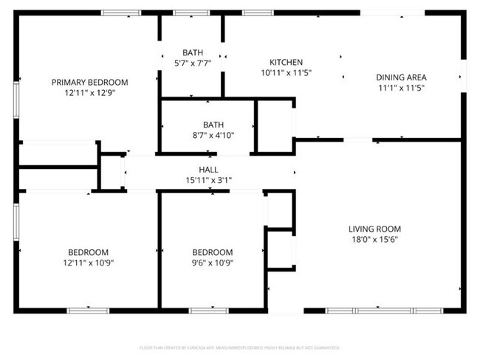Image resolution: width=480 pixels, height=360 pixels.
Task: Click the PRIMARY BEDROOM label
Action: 89,82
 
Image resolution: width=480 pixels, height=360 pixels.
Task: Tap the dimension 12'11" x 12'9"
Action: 89,93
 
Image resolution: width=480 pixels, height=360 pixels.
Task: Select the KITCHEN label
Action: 286,62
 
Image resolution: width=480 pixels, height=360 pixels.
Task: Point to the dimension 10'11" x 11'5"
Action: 286,73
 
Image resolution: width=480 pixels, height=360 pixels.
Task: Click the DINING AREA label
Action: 401,77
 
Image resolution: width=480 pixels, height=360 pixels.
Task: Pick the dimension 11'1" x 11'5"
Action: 401,88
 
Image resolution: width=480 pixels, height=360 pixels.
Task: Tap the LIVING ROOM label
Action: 374,229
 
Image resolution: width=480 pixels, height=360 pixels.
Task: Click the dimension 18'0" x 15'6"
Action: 374,239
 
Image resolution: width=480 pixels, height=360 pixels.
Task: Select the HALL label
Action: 213,169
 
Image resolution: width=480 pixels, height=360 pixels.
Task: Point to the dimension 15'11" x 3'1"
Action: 213,179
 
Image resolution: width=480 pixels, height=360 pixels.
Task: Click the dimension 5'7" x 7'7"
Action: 193,63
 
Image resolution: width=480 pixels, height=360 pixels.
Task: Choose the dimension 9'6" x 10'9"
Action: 212,262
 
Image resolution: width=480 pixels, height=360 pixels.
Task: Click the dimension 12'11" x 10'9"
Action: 89,262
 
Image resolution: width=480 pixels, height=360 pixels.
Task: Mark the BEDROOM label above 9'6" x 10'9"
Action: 212,252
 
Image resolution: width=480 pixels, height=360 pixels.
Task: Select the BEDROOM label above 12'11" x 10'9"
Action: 89,252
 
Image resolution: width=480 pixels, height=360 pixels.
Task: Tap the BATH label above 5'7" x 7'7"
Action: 193,52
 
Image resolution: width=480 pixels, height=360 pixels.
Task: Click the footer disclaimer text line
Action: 239,347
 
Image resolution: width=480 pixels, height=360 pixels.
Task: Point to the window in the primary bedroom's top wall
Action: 121,13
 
